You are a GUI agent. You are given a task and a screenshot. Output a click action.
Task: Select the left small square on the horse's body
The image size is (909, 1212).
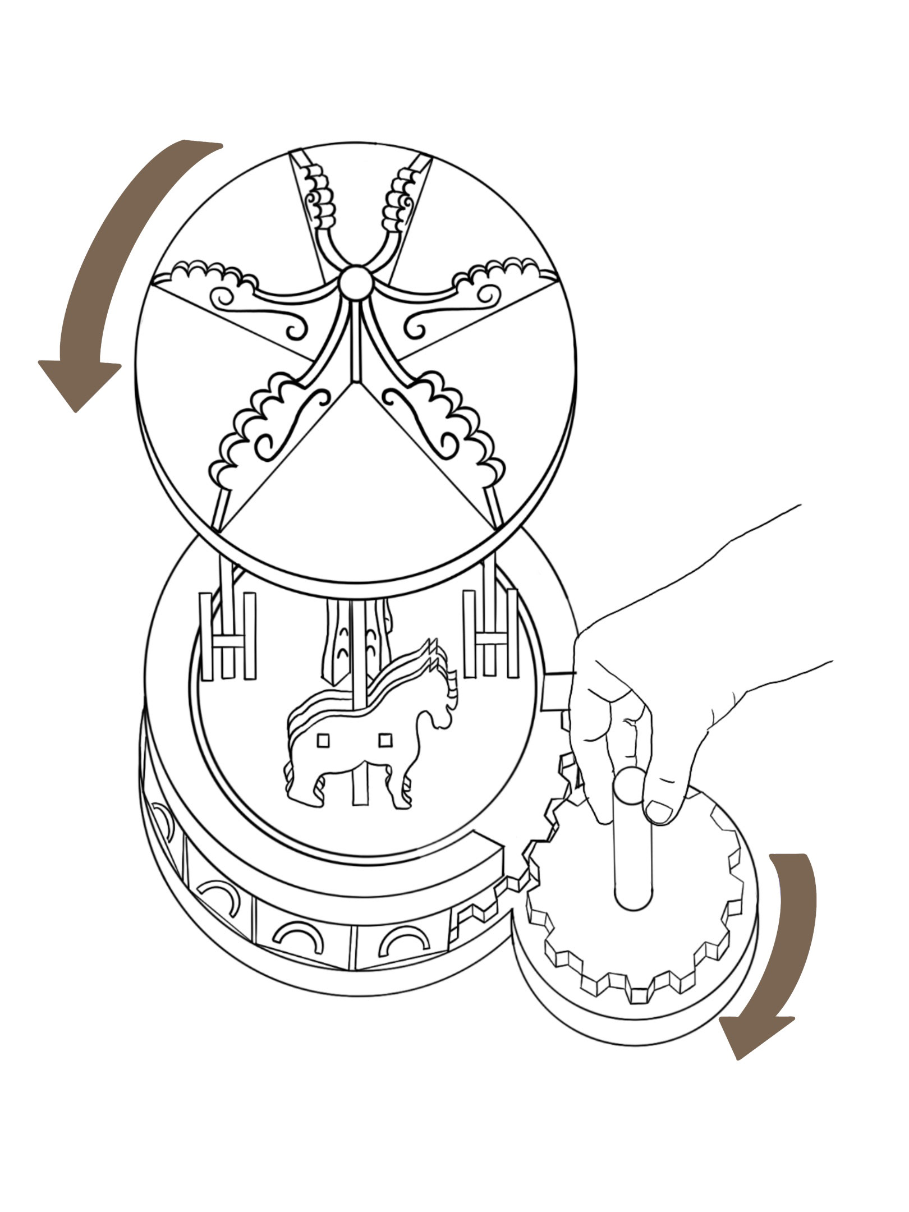pos(323,741)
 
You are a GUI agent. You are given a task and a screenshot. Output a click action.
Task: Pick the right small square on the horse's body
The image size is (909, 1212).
pos(385,741)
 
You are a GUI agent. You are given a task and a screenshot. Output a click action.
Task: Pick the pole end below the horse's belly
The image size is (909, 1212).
pos(358,791)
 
